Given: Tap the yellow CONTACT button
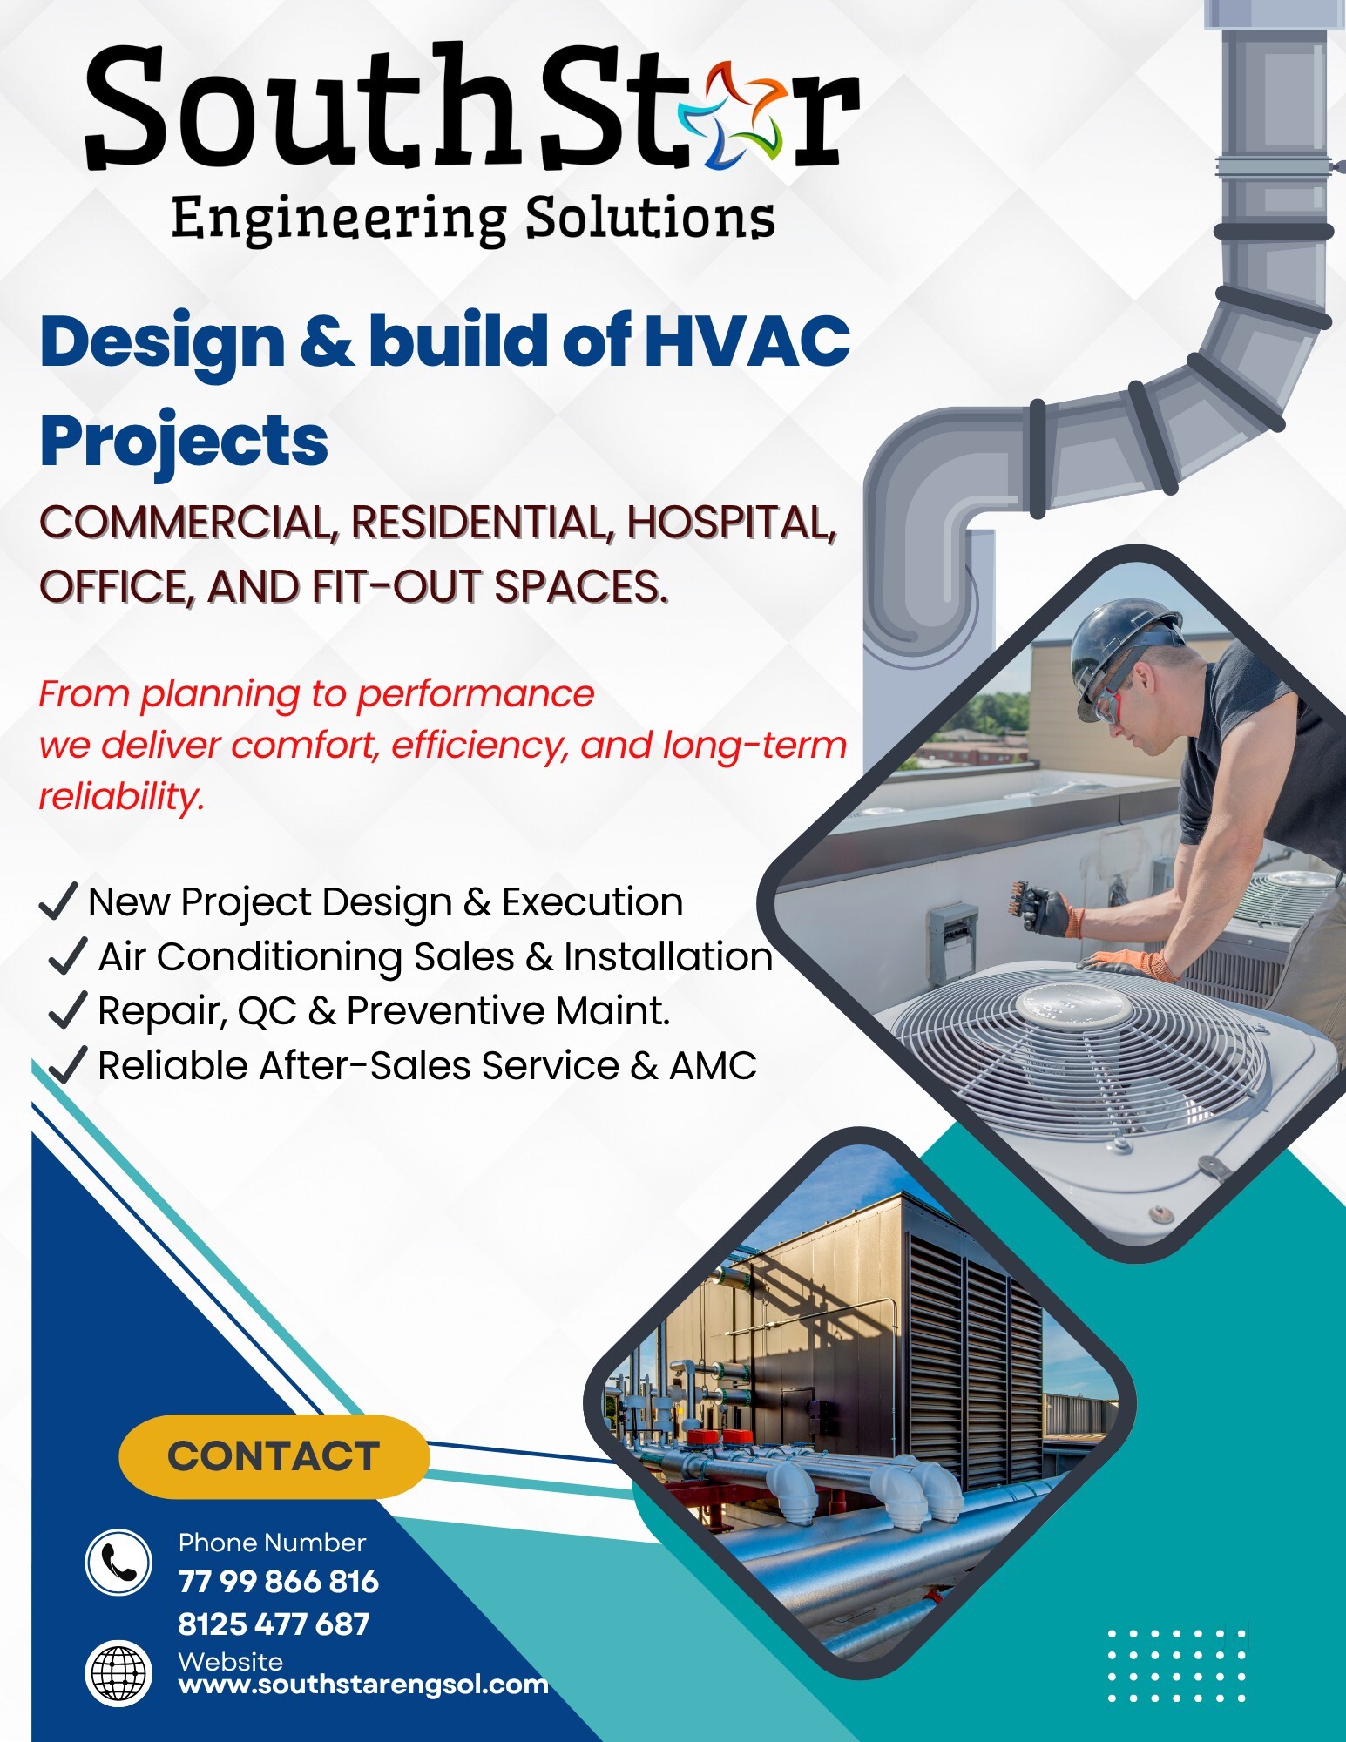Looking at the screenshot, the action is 274,1456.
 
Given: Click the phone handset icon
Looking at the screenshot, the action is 118,1563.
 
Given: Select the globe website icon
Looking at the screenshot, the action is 118,1673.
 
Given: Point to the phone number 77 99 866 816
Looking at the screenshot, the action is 278,1582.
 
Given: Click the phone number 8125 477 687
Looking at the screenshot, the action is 274,1624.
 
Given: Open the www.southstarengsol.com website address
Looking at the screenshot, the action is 363,1685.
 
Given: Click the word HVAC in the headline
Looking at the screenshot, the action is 747,341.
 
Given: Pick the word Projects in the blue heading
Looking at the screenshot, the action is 184,441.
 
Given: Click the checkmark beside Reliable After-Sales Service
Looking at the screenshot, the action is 67,1064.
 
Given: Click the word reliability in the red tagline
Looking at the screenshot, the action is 122,796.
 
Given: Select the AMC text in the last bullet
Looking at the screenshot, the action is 713,1066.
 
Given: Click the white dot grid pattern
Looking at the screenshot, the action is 1177,1665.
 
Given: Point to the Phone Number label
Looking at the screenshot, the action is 272,1543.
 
